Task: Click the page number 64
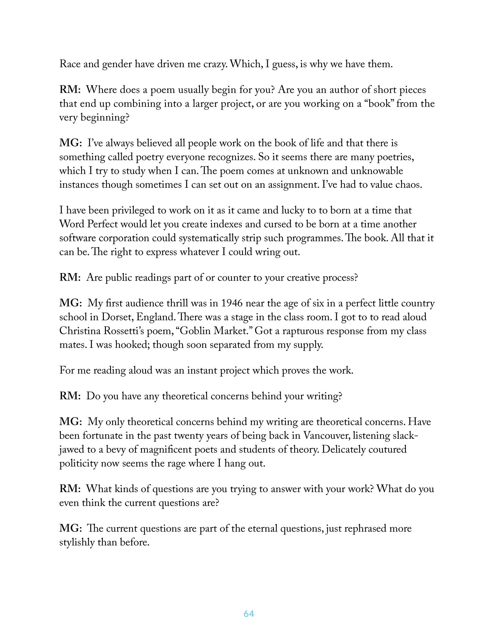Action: tap(249, 614)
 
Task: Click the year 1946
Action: tap(232, 303)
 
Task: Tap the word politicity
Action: tap(78, 464)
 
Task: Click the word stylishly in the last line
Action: tap(78, 543)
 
